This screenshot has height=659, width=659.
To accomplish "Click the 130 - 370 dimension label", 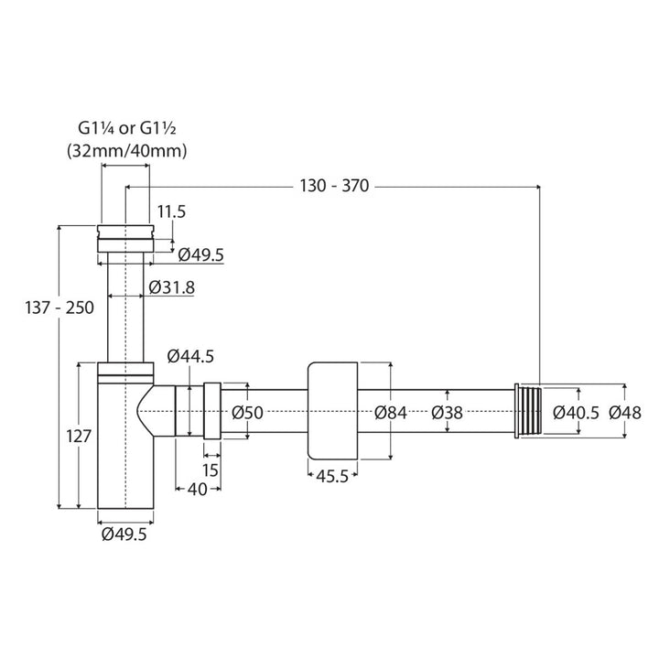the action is [x=334, y=185].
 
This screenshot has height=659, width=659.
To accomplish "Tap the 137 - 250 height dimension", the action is [x=59, y=308].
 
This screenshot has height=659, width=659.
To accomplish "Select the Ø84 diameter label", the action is [x=391, y=412].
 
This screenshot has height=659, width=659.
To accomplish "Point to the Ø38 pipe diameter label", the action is [x=447, y=412].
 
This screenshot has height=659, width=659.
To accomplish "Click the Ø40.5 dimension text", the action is [x=576, y=412].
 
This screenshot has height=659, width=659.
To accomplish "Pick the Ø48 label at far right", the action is [x=625, y=412].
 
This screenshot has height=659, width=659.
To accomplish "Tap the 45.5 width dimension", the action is [x=332, y=476].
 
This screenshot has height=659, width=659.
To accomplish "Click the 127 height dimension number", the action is [x=79, y=437].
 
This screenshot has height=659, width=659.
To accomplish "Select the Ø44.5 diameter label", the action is [x=190, y=356].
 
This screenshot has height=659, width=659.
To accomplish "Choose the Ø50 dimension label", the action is [x=247, y=412].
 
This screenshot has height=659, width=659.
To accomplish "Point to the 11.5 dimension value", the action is [x=171, y=211].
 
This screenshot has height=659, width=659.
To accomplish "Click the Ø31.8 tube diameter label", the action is [x=171, y=287].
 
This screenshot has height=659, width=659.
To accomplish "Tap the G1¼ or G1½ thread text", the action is [x=127, y=128].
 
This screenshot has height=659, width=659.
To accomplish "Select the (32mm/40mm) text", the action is [x=127, y=150].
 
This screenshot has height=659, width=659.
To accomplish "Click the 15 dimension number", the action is [x=211, y=470].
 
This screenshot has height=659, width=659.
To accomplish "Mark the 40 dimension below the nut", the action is [x=197, y=489].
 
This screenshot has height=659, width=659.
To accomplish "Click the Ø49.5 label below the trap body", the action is [x=124, y=535].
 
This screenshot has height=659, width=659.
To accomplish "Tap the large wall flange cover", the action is [x=332, y=411].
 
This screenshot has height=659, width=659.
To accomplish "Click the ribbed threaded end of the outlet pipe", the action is [x=528, y=411].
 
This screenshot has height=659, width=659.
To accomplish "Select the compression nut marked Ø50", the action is [x=212, y=411].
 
